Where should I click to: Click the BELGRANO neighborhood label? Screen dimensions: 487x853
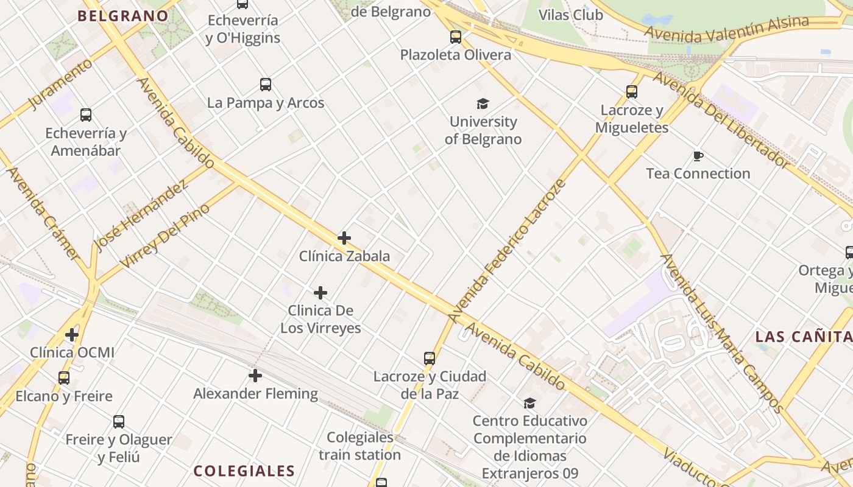click(123, 16)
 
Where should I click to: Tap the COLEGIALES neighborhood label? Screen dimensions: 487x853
click(244, 471)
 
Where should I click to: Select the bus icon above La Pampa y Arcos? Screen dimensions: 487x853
click(266, 85)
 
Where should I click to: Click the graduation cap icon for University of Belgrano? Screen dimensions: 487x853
click(483, 103)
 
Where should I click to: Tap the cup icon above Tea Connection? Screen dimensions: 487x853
click(698, 156)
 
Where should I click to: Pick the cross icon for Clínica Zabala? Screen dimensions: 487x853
click(344, 237)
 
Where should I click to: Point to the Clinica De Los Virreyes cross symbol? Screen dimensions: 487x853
click(320, 293)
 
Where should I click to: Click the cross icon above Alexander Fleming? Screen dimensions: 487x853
click(255, 376)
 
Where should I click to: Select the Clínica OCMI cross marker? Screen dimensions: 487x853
click(72, 334)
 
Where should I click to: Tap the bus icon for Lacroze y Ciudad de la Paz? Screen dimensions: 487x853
click(430, 359)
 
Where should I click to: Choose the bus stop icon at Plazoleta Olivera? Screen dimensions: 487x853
click(456, 37)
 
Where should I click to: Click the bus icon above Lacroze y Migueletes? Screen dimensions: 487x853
click(632, 92)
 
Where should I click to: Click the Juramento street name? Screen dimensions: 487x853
click(60, 85)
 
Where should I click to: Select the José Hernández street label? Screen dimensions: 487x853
click(141, 215)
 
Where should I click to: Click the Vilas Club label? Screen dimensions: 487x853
click(571, 15)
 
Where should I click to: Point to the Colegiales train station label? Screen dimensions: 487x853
click(359, 446)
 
